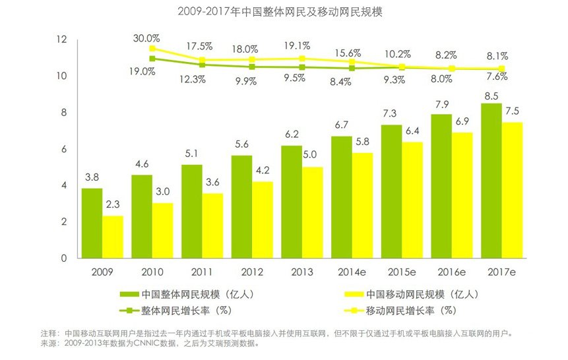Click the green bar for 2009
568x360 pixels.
pyautogui.click(x=92, y=223)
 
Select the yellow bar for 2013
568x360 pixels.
pyautogui.click(x=313, y=212)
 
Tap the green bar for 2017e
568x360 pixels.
pyautogui.click(x=491, y=181)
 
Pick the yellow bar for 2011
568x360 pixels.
pyautogui.click(x=212, y=225)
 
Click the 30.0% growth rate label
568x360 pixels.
pyautogui.click(x=146, y=38)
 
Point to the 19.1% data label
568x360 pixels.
pyautogui.click(x=297, y=45)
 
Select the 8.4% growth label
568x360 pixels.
pyautogui.click(x=340, y=82)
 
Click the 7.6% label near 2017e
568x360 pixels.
pyautogui.click(x=497, y=76)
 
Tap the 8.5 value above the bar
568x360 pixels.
pyautogui.click(x=491, y=96)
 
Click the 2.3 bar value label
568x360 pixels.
pyautogui.click(x=113, y=204)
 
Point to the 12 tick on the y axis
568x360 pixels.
pyautogui.click(x=61, y=39)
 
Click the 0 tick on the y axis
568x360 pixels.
pyautogui.click(x=64, y=258)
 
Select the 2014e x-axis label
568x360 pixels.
pyautogui.click(x=352, y=272)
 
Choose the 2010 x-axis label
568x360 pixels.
pyautogui.click(x=152, y=272)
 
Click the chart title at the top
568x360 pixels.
pyautogui.click(x=280, y=12)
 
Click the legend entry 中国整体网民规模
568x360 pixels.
pyautogui.click(x=187, y=294)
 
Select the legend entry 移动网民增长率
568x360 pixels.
pyautogui.click(x=400, y=311)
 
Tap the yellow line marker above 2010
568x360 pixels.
pyautogui.click(x=152, y=49)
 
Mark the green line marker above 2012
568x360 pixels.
pyautogui.click(x=252, y=67)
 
